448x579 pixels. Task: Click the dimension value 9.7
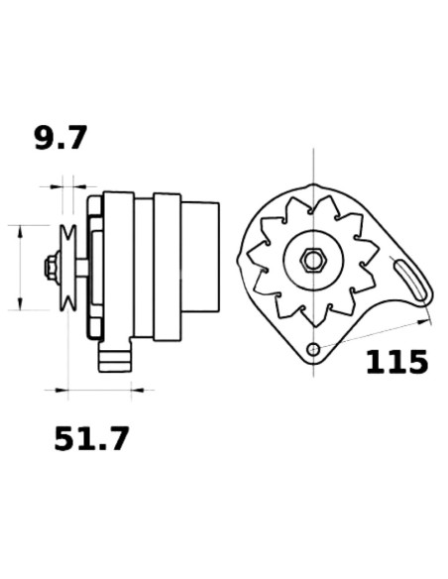point(61,138)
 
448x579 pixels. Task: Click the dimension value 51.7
point(91,438)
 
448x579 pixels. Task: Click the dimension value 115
point(396,362)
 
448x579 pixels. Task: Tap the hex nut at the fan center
point(312,261)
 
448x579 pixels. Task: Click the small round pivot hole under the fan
point(313,349)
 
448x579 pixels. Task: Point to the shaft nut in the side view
point(48,267)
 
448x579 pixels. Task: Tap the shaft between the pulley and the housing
point(80,266)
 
